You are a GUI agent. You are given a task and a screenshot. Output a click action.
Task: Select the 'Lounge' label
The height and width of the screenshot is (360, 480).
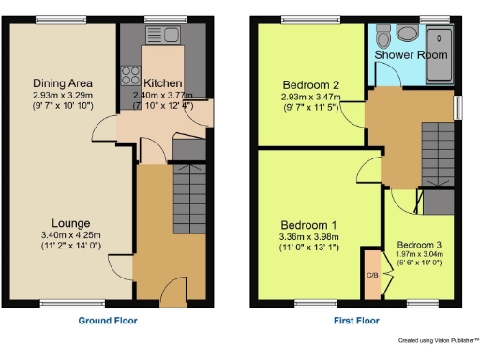click(70, 223)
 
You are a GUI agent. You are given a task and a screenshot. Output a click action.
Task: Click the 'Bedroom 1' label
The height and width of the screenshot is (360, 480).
click(308, 225)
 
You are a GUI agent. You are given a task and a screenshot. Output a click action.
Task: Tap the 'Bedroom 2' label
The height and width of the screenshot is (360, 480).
click(308, 84)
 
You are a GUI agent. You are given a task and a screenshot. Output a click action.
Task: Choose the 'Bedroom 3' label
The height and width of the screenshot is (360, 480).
click(420, 242)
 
